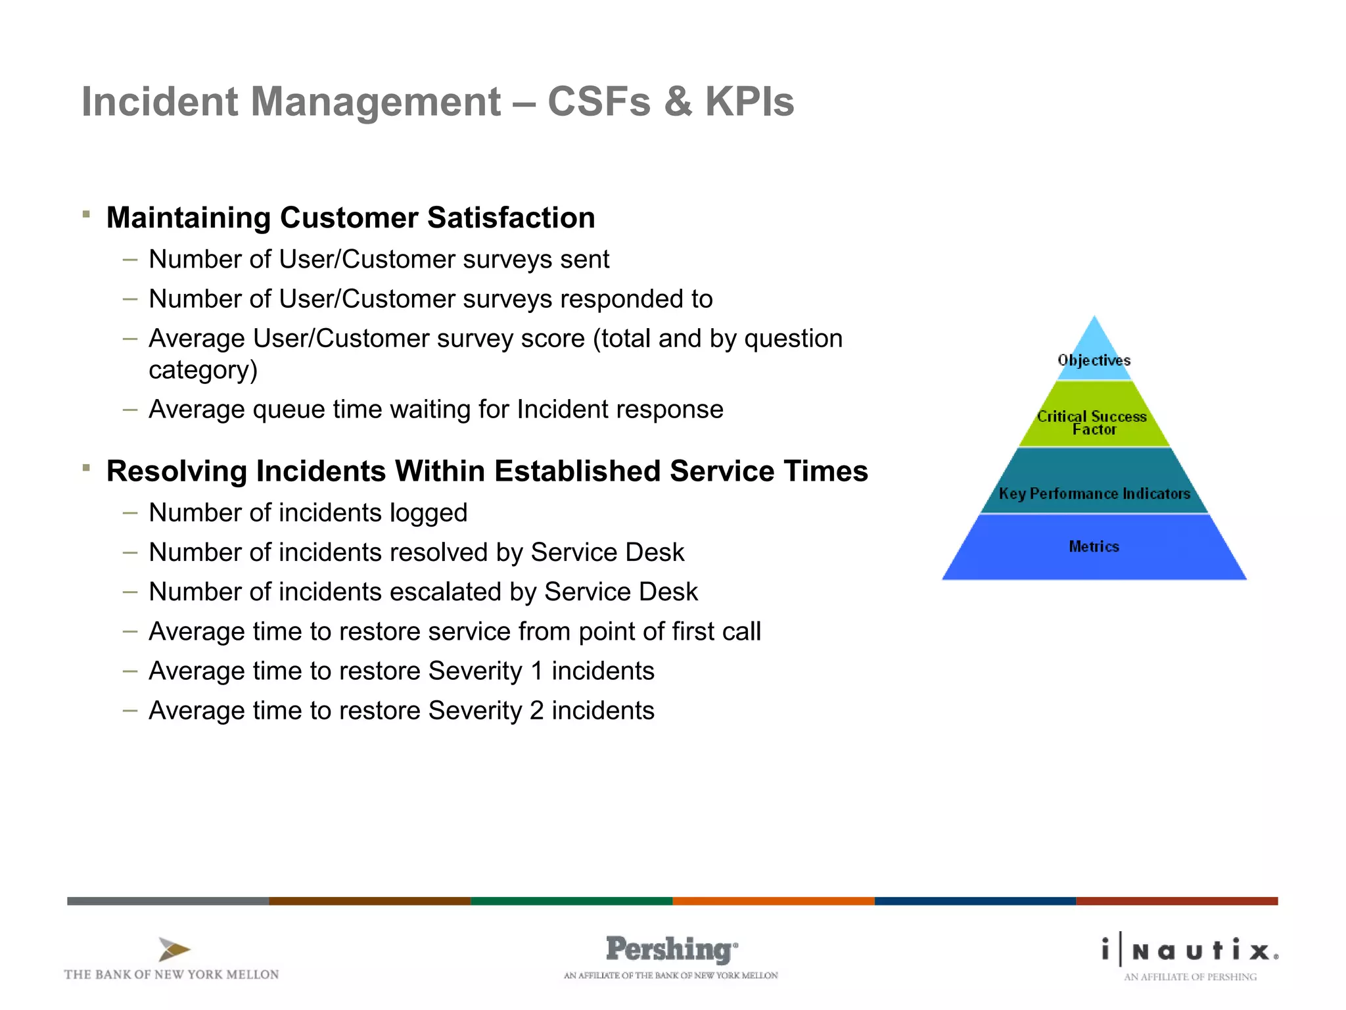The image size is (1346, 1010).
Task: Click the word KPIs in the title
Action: [x=749, y=102]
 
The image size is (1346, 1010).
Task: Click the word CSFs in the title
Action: [x=598, y=102]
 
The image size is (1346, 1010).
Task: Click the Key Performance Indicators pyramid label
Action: [x=1094, y=493]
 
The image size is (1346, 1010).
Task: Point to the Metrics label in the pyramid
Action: [x=1094, y=546]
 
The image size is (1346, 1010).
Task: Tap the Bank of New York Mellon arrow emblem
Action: [x=174, y=950]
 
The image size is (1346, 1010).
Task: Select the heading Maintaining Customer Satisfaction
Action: [x=350, y=218]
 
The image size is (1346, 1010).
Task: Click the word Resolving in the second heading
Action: [x=176, y=471]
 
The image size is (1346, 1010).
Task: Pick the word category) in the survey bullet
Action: [x=203, y=370]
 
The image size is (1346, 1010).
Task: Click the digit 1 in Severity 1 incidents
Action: [x=537, y=671]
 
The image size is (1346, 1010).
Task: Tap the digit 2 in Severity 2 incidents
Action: [x=537, y=711]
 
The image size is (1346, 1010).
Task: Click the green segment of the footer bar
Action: [x=571, y=901]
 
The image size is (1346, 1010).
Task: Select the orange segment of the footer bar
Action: [x=773, y=901]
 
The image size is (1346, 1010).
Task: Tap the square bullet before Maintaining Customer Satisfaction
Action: [x=86, y=214]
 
